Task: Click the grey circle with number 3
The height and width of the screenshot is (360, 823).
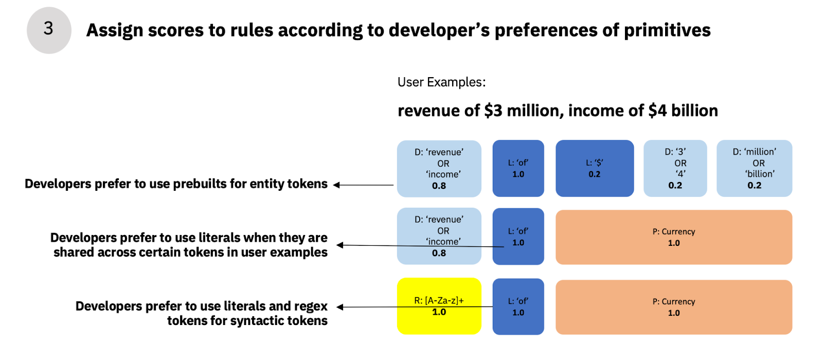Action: coord(49,30)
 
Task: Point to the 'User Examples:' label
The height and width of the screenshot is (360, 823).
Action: coord(441,82)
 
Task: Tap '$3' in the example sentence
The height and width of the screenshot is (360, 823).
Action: coord(493,111)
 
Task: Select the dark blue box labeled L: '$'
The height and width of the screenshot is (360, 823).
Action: coord(595,168)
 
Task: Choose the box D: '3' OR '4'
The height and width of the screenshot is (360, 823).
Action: coord(675,168)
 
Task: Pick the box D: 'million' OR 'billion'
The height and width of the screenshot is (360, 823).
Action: coord(754,168)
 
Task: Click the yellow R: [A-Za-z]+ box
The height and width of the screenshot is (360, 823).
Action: coord(439,306)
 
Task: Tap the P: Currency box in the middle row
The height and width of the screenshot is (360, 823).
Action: coord(674,237)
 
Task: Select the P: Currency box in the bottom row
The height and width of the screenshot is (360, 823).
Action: coord(674,307)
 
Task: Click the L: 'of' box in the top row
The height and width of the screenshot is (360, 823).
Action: coord(518,168)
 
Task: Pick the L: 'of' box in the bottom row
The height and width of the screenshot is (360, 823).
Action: coord(518,307)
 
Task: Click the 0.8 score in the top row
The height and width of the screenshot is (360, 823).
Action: coord(439,186)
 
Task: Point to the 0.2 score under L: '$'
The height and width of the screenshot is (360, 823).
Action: coord(595,174)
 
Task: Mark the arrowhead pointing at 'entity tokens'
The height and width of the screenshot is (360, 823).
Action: coord(336,185)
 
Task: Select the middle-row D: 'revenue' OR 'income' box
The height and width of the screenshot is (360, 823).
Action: coord(439,236)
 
